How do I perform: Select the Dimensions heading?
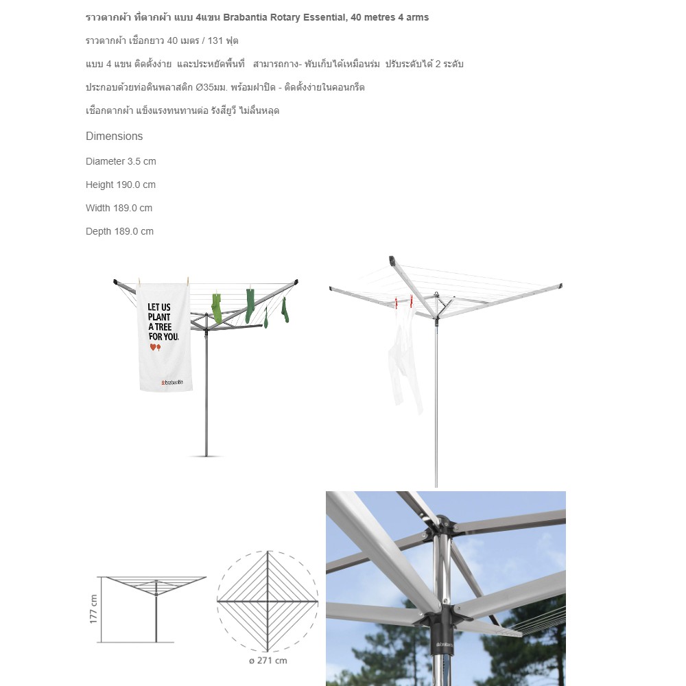click(114, 136)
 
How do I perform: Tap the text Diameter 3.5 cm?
click(121, 161)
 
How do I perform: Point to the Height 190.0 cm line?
click(121, 185)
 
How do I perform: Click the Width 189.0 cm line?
click(119, 208)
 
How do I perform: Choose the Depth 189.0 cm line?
click(119, 231)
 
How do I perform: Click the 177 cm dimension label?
click(93, 608)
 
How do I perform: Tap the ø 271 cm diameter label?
click(268, 661)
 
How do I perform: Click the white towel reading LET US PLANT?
click(165, 337)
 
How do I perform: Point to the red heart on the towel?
click(153, 347)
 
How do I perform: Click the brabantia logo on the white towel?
click(172, 382)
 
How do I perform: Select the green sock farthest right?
click(285, 309)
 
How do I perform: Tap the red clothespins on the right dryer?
click(404, 301)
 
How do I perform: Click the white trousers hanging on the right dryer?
click(405, 359)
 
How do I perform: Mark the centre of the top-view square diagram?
click(268, 602)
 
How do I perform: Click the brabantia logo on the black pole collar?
click(445, 644)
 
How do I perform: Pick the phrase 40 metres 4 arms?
click(390, 18)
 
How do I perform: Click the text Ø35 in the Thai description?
click(204, 87)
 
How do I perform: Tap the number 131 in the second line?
click(215, 40)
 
